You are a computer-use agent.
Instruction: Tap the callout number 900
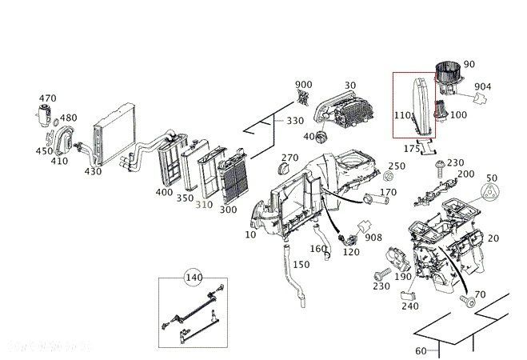click(304, 85)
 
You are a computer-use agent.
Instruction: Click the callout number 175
click(412, 148)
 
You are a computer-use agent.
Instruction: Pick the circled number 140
click(193, 278)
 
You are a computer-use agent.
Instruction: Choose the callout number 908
click(373, 238)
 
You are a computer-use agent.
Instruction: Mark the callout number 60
click(420, 350)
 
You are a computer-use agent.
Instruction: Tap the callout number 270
click(289, 158)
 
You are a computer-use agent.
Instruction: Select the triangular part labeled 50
click(490, 194)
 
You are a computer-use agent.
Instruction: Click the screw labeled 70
click(466, 302)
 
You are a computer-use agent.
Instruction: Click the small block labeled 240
click(405, 296)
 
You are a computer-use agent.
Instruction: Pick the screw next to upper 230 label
click(438, 167)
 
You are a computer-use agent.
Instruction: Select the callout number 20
click(493, 238)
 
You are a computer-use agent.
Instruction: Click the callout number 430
click(94, 171)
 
